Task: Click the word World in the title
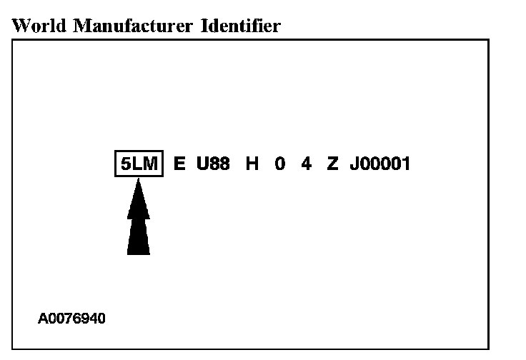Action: pos(35,26)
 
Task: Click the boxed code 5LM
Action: pos(139,164)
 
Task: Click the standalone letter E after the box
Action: pos(179,164)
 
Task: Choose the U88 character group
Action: pos(213,164)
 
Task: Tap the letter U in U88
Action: pos(202,164)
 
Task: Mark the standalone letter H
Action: pos(252,164)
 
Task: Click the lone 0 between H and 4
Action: pos(279,164)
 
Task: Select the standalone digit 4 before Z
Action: pos(306,164)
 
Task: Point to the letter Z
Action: pos(332,164)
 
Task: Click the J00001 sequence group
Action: pos(379,164)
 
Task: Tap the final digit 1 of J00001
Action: pos(405,164)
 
